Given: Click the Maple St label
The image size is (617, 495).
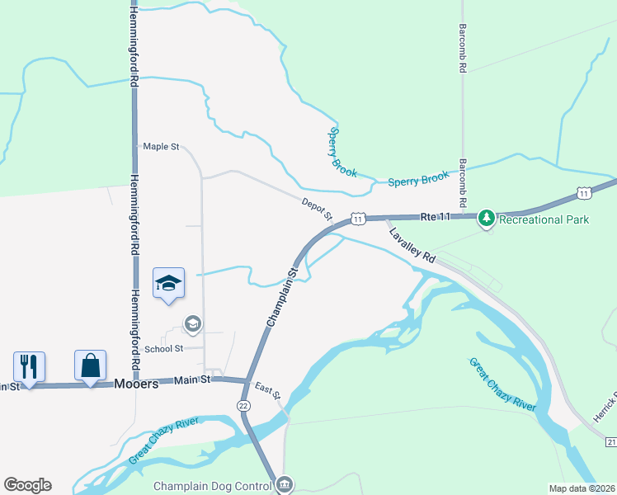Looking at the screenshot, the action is point(161,147).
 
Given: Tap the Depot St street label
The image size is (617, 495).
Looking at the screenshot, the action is point(316,210).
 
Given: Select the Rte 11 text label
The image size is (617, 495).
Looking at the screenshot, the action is point(436,217).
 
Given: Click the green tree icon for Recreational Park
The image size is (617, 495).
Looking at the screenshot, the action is point(487,218).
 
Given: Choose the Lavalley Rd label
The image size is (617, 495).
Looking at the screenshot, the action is point(412,245).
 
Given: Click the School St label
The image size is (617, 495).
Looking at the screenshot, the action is point(163,349).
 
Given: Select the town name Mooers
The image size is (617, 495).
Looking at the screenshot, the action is point(136,384).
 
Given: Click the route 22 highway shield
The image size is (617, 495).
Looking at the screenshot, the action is point(243,406).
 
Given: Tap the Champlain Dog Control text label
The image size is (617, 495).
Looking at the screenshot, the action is point(212,486).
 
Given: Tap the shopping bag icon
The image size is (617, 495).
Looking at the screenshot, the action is point(90,365).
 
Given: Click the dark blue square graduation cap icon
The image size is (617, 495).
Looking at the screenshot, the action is point(168,283).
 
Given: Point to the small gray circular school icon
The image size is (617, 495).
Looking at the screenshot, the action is point(193,323).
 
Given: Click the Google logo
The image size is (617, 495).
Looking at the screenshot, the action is point(27,485).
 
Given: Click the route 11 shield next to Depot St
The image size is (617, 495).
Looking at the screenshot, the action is point(357,219).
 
